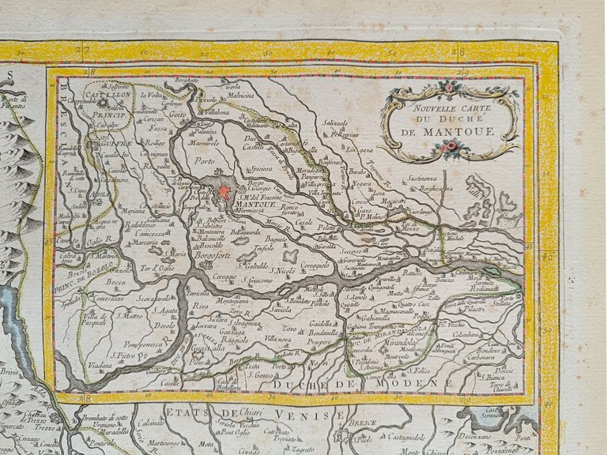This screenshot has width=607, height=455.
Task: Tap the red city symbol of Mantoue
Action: coord(224,192)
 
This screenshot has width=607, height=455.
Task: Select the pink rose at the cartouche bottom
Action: coord(453,146)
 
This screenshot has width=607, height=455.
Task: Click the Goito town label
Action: coord(179,115)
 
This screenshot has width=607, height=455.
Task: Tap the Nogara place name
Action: coord(363,183)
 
